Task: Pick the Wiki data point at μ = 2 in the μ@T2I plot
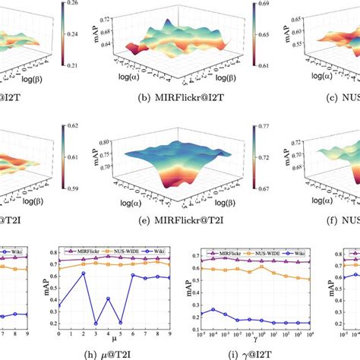[x=84, y=295]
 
